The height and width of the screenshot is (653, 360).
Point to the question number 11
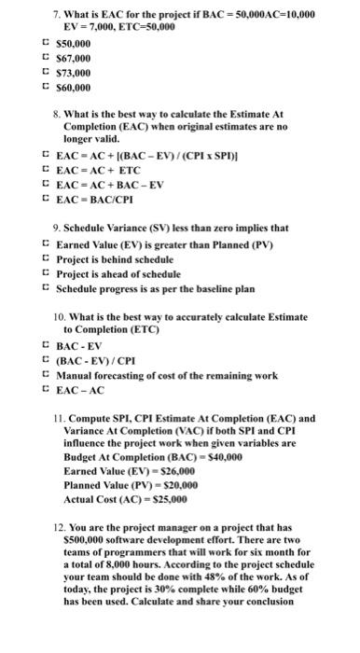coord(59,420)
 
